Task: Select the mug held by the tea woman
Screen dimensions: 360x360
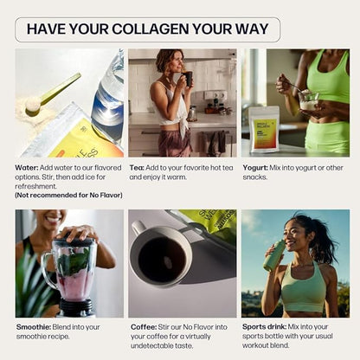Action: [x=187, y=78]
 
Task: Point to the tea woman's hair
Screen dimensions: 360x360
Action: [x=166, y=61]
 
